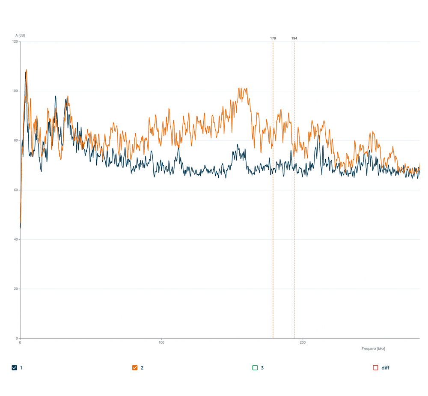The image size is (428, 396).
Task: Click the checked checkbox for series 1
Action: point(15,368)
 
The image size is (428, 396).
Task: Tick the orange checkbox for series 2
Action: point(135,368)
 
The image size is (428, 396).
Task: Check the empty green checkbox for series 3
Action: point(255,368)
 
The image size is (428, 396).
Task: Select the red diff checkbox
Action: point(375,368)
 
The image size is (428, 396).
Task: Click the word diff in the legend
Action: point(385,368)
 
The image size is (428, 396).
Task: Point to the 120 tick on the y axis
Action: point(15,42)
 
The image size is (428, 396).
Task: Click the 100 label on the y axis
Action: point(15,91)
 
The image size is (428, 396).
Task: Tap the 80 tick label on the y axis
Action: point(16,140)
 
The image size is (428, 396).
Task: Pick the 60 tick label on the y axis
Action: point(16,190)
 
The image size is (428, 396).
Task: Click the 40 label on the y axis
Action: point(16,239)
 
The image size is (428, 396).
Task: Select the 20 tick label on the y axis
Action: point(16,289)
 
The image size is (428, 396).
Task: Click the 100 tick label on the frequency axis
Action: point(161,343)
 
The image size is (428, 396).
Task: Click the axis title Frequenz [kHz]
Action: point(373,349)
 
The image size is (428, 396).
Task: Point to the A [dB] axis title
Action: point(20,36)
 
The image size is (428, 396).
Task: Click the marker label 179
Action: point(273,39)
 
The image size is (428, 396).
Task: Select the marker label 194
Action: point(294,39)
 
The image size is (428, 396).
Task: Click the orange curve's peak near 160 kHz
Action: point(241,88)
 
